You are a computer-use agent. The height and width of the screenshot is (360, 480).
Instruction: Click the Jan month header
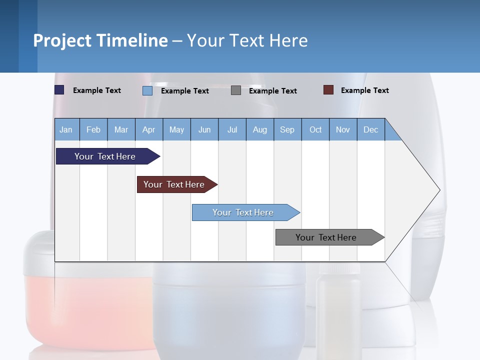66,129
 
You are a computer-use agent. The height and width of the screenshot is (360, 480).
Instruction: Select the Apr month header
149,129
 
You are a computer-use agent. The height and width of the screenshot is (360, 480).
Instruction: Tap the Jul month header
232,129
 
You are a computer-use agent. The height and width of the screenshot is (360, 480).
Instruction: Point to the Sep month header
287,129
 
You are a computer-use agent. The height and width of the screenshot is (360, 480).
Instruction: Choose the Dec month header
370,129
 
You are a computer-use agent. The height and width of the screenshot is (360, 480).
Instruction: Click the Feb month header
93,129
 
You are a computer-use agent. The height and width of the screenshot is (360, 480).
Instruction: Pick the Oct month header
315,129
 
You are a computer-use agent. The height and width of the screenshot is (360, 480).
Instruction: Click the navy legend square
59,90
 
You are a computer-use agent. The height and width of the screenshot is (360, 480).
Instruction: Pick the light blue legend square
147,90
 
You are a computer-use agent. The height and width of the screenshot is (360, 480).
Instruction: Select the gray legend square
236,90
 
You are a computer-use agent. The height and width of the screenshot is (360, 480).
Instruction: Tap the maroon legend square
328,90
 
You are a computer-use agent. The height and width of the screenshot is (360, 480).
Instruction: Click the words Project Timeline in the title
100,40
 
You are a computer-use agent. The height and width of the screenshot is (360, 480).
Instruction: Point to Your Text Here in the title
247,40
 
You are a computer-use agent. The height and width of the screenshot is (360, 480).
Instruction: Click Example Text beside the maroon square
364,90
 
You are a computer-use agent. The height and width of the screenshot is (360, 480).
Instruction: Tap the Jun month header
204,129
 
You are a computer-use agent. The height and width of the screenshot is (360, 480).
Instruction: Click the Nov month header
343,129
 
